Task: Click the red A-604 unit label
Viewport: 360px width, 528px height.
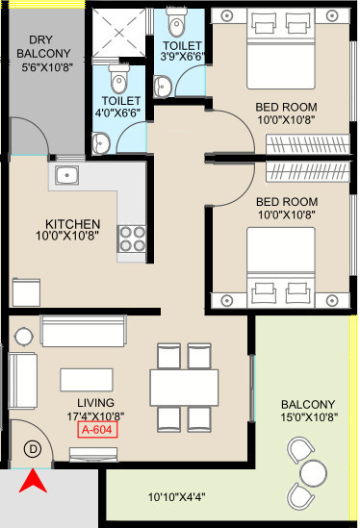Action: click(97, 429)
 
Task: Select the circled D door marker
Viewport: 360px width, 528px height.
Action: click(33, 449)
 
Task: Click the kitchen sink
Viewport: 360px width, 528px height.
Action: click(66, 175)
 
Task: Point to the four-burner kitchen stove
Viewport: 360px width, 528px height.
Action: click(132, 239)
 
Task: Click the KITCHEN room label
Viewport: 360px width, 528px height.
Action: click(72, 224)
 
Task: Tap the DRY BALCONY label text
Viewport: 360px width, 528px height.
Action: click(43, 46)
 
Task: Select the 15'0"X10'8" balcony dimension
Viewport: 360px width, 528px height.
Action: click(309, 417)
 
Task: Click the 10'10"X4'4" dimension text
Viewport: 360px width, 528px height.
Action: click(176, 496)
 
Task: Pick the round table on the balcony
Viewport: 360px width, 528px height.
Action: click(314, 473)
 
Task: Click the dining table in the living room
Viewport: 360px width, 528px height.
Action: click(184, 388)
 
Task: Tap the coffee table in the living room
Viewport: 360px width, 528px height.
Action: click(87, 380)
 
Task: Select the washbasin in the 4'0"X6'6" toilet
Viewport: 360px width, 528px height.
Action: click(101, 143)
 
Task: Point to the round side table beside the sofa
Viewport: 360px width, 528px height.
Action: click(24, 336)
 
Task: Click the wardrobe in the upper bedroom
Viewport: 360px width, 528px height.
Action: click(307, 144)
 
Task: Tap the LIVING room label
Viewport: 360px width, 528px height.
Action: click(95, 403)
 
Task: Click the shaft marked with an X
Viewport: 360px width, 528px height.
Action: click(119, 33)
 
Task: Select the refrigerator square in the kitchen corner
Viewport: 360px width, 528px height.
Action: click(26, 292)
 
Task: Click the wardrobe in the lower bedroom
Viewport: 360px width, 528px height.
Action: click(307, 171)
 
